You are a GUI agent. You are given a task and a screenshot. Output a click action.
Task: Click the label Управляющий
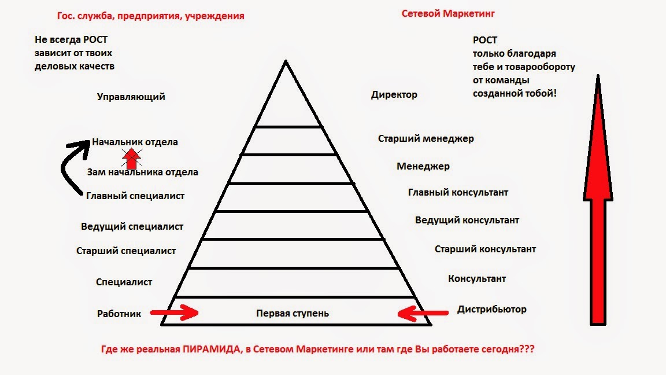point(131,97)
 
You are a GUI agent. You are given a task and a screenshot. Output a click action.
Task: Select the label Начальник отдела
point(135,142)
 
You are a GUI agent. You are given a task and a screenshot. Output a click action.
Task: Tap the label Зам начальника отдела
point(142,172)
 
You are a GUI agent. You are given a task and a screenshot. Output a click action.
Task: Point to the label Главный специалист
point(135,196)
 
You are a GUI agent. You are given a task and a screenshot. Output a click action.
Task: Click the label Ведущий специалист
point(132,227)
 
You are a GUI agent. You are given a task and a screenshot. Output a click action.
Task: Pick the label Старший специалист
point(125,251)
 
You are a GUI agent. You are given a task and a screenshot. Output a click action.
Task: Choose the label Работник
point(119,314)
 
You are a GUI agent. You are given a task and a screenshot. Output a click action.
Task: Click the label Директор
point(394,95)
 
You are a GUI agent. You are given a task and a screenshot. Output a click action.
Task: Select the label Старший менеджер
point(426,139)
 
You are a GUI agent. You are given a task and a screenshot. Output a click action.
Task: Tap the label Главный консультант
point(458,193)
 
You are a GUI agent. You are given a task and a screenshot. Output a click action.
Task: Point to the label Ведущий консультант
point(467,220)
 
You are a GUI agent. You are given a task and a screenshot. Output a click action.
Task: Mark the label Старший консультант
point(485,249)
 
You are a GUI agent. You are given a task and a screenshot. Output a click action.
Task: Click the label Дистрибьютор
point(492,310)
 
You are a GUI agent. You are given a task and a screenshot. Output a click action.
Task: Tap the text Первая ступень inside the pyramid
point(292,313)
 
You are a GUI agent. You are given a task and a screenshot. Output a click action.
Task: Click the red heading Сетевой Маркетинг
point(448,14)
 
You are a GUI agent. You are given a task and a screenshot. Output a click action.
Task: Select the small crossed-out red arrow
point(132,158)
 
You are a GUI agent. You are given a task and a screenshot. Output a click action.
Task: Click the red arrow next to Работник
point(174,312)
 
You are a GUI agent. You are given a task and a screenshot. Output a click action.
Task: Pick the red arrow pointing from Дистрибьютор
point(423,313)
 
